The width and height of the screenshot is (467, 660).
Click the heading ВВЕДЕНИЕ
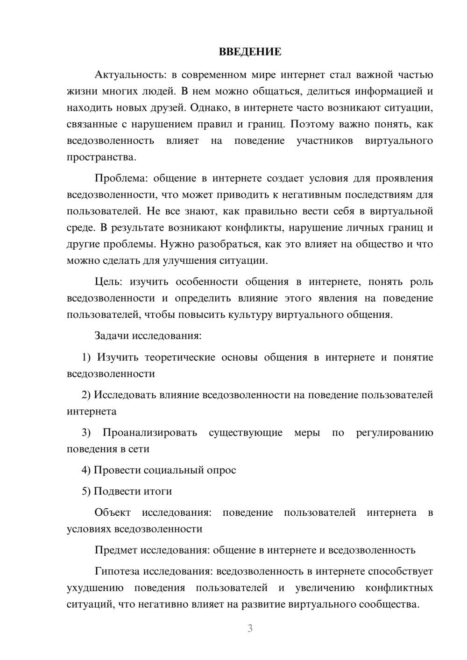[x=250, y=52]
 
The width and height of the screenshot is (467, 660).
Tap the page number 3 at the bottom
[x=250, y=628]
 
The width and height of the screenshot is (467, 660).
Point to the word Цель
[x=108, y=282]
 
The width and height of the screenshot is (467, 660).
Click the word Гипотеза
[x=117, y=571]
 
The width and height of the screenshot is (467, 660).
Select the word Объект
[x=113, y=513]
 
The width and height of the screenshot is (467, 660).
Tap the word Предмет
[x=116, y=550]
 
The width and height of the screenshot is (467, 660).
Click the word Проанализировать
[x=150, y=433]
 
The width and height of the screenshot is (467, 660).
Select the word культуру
[x=250, y=315]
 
